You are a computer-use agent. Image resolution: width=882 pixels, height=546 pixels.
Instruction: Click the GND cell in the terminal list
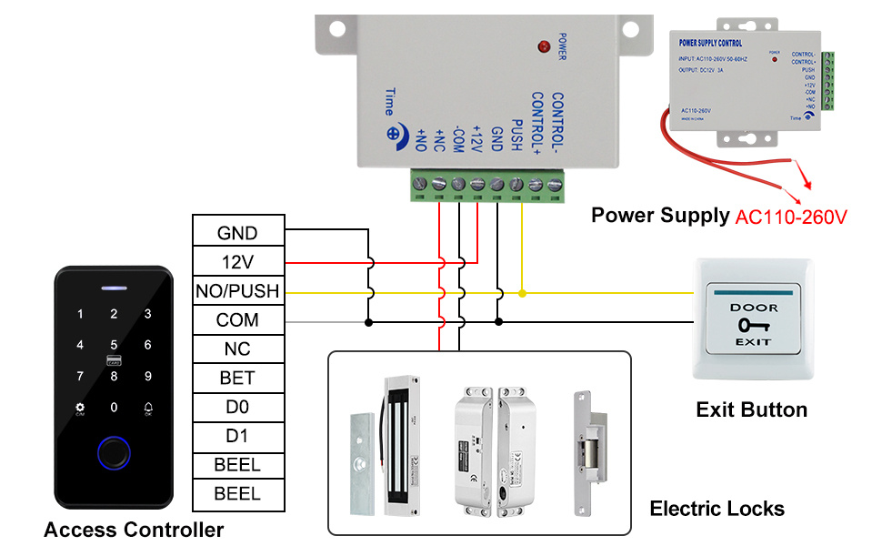pyautogui.click(x=237, y=233)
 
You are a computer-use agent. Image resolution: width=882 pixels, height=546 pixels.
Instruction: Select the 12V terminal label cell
pyautogui.click(x=237, y=262)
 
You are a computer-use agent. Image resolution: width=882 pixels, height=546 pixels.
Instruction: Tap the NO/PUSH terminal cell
pyautogui.click(x=237, y=291)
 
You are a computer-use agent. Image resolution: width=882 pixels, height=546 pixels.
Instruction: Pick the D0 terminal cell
pyautogui.click(x=237, y=407)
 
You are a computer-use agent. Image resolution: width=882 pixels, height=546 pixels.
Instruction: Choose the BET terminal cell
pyautogui.click(x=237, y=378)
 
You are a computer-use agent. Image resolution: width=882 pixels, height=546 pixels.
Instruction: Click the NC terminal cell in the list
pyautogui.click(x=237, y=349)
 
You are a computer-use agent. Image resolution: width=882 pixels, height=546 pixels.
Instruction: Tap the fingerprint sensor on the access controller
pyautogui.click(x=114, y=450)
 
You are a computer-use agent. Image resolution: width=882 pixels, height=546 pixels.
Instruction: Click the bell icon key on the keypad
pyautogui.click(x=148, y=408)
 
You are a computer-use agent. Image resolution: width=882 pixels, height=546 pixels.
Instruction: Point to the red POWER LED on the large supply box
pyautogui.click(x=544, y=45)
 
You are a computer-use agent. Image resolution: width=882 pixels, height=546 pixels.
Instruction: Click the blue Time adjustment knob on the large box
pyautogui.click(x=395, y=133)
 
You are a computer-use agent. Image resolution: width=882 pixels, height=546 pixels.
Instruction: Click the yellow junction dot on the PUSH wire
pyautogui.click(x=522, y=293)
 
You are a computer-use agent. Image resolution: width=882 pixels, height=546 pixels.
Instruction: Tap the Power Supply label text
pyautogui.click(x=660, y=216)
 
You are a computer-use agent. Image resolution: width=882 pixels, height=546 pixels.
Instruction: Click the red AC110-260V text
pyautogui.click(x=791, y=217)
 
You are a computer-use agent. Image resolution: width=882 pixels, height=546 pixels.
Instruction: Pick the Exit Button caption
pyautogui.click(x=751, y=409)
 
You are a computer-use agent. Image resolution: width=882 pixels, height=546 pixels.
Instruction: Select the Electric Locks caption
pyautogui.click(x=717, y=508)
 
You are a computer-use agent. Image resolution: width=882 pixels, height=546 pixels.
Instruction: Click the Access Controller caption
pyautogui.click(x=134, y=530)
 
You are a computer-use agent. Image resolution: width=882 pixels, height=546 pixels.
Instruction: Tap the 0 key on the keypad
pyautogui.click(x=114, y=408)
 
